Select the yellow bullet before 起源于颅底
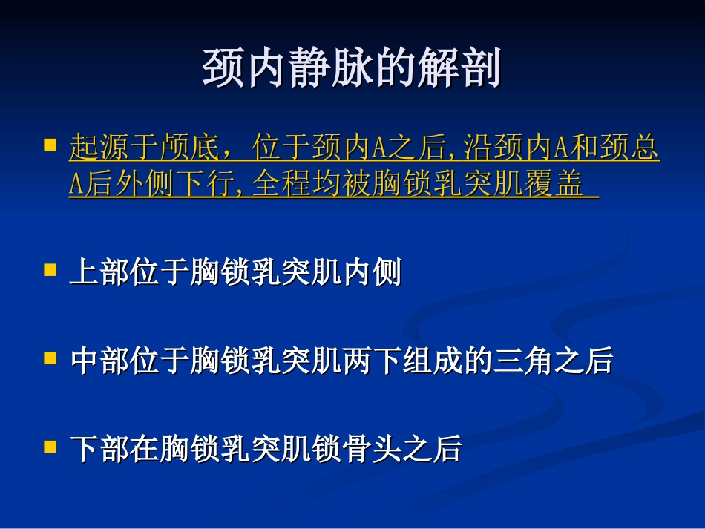pyautogui.click(x=50, y=142)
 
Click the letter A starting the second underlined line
pyautogui.click(x=76, y=185)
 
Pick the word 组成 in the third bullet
pyautogui.click(x=424, y=361)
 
